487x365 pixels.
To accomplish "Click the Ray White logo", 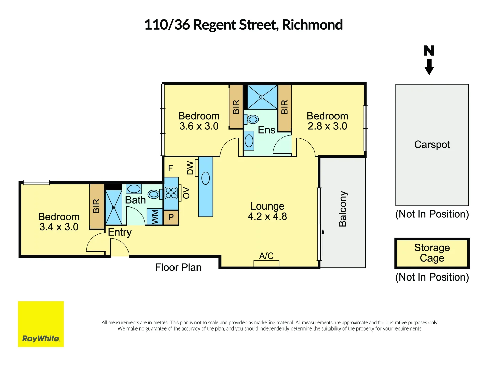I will point(41,324).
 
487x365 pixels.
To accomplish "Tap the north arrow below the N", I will point(429,67).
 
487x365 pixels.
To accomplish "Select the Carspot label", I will point(432,145).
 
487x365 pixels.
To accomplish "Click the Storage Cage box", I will point(432,253).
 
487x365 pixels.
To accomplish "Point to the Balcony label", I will point(343,209).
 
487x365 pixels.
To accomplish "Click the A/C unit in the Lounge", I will point(266,263).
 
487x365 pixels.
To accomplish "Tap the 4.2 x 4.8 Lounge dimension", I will point(267,217).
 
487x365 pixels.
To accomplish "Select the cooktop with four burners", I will point(171,193).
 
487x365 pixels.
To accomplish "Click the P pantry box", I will point(171,217).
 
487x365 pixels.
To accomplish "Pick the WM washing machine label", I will point(155,217).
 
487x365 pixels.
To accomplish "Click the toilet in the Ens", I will point(252,119).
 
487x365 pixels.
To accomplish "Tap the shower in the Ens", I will point(262,97).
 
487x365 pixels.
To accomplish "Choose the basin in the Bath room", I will point(134,189).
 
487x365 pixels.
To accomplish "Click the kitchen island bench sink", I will point(205,178).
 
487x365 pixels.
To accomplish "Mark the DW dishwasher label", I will point(190,168).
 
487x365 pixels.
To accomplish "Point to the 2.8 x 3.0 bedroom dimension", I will point(327,126).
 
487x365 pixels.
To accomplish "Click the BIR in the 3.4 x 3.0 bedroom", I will point(96,206).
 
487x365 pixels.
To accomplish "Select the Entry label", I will point(119,232).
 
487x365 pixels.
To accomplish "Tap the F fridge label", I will point(170,168).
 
